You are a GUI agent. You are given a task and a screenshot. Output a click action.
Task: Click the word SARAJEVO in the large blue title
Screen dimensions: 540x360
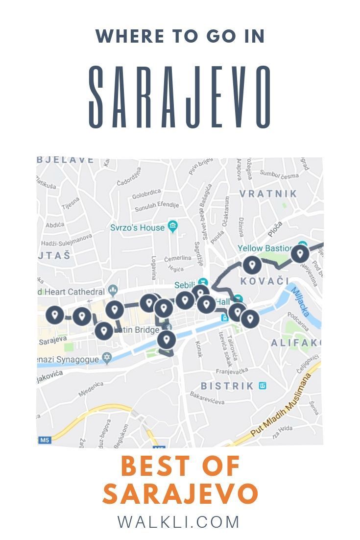pyautogui.click(x=180, y=97)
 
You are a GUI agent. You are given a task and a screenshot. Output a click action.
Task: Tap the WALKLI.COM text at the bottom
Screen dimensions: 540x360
pyautogui.click(x=179, y=522)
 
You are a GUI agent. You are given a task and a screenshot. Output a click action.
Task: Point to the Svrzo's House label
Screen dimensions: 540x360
pyautogui.click(x=137, y=228)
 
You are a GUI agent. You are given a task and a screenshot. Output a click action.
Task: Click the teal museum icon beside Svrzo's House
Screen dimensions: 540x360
pyautogui.click(x=172, y=226)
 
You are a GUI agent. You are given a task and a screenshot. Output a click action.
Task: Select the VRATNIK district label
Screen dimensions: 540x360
pyautogui.click(x=268, y=194)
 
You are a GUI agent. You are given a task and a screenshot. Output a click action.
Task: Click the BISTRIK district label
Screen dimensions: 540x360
pyautogui.click(x=227, y=386)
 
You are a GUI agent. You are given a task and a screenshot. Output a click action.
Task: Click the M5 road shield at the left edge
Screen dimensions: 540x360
pyautogui.click(x=45, y=440)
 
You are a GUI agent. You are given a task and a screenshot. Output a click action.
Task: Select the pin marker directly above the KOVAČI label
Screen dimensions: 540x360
pyautogui.click(x=252, y=265)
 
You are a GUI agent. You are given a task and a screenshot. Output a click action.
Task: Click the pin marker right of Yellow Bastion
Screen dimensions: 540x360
pyautogui.click(x=300, y=254)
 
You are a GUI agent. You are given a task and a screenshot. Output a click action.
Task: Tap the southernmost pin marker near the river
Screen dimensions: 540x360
pyautogui.click(x=167, y=339)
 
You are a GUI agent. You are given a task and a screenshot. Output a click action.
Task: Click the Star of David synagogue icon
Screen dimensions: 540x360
pyautogui.click(x=107, y=359)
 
